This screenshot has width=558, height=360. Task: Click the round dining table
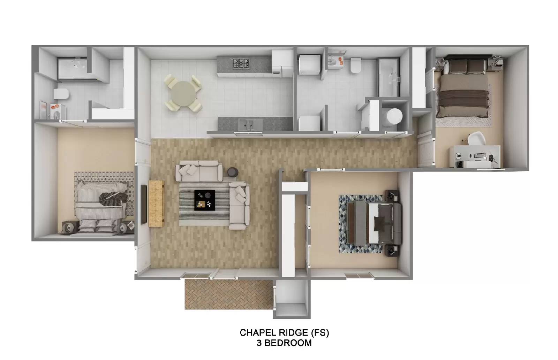183,94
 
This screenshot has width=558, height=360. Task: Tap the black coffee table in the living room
204,200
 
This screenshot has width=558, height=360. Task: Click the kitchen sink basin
246,124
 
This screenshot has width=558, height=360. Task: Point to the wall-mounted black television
144,205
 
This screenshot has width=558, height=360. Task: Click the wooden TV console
157,203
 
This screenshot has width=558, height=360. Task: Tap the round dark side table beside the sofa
233,172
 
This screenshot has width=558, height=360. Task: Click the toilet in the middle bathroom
356,66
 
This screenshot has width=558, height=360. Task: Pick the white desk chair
476,138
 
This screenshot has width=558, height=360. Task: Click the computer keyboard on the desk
480,155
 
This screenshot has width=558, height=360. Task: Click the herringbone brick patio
228,294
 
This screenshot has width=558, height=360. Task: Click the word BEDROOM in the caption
288,343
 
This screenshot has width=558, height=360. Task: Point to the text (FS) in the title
320,332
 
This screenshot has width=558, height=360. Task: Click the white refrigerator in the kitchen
282,63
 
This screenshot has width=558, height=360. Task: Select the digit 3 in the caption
259,343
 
